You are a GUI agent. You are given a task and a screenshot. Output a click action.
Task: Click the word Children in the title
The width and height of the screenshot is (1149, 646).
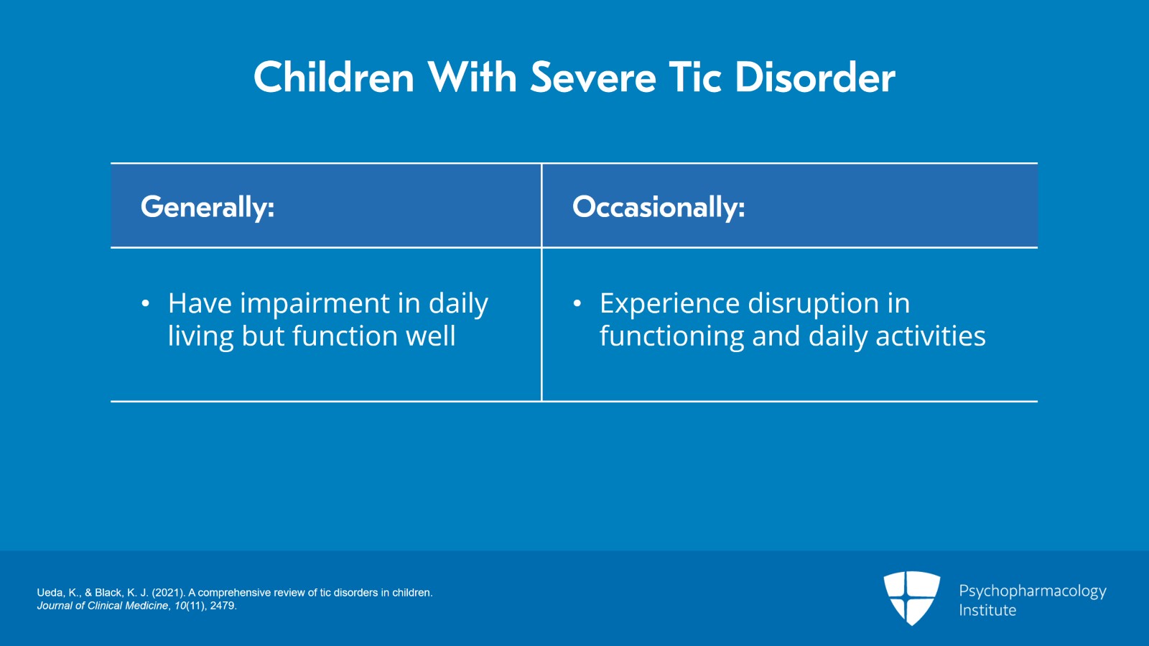pos(334,77)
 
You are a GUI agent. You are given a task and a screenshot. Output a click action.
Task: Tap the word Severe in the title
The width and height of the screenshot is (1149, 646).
pos(593,77)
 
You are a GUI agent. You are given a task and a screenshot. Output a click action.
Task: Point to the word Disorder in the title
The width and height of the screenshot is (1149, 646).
pos(816,77)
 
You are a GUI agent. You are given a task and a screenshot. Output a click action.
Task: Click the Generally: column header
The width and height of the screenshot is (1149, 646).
pos(208,207)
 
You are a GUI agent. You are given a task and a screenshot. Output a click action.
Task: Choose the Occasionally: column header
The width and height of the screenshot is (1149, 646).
pos(659,206)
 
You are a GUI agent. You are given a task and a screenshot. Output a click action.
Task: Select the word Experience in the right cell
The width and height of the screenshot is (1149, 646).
pos(669,304)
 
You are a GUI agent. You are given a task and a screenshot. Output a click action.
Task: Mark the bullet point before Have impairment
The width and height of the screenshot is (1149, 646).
pos(146,304)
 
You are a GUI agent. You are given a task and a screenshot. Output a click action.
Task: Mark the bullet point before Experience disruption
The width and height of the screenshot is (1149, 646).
pos(577,304)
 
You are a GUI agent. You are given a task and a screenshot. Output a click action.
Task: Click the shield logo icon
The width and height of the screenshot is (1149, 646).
pos(912,598)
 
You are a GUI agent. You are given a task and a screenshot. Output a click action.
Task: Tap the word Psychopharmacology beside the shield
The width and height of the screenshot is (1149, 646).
pos(1033,591)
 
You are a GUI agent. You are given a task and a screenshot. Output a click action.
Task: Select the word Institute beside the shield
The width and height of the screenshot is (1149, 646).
pos(987,610)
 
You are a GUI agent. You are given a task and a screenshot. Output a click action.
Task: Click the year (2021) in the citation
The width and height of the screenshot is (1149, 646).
pos(168,593)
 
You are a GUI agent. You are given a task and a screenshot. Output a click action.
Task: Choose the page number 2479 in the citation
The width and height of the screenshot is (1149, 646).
pos(222,606)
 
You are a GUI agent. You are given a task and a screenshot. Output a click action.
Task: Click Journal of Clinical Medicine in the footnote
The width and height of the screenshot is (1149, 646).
pos(103,606)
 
